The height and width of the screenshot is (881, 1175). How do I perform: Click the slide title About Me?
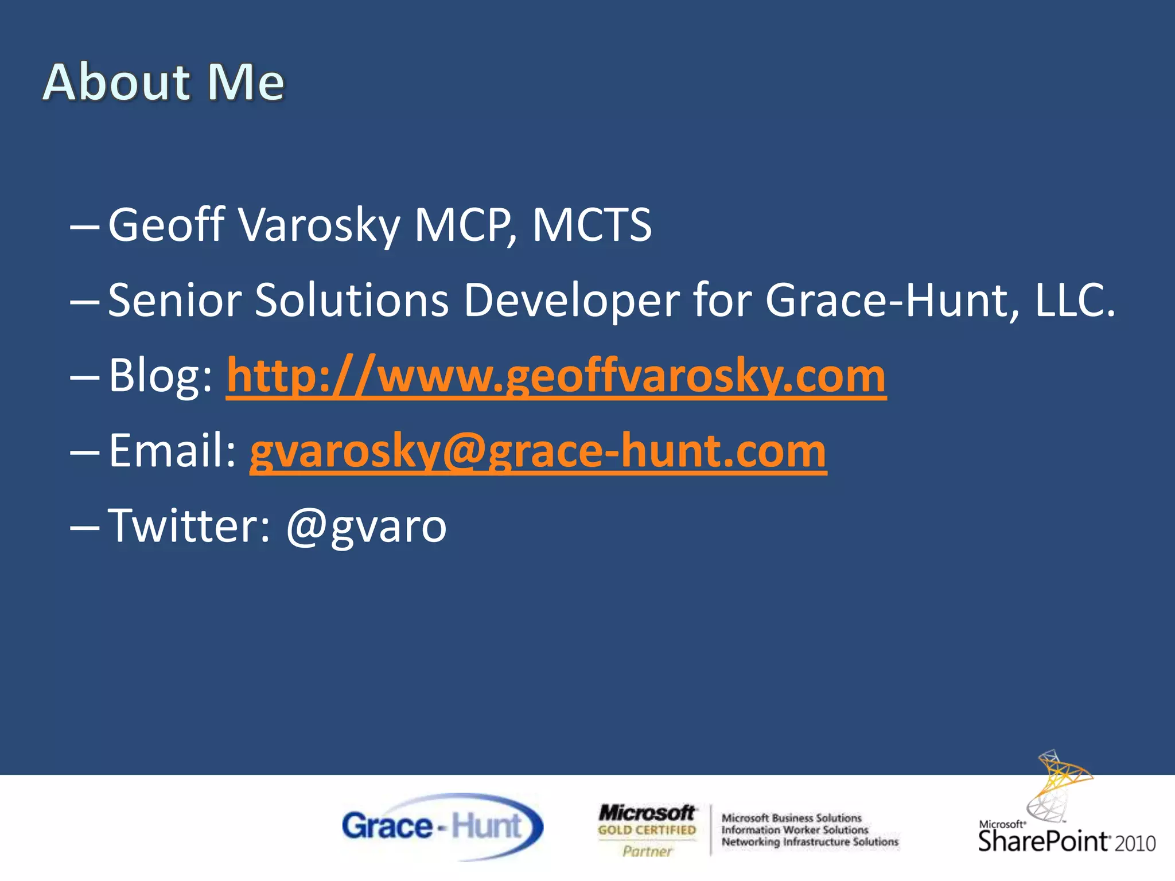point(164,83)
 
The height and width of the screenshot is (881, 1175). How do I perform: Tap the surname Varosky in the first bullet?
point(319,225)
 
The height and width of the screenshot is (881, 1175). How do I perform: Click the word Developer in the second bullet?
point(571,300)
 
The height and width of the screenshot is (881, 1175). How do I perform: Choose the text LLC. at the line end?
point(1075,300)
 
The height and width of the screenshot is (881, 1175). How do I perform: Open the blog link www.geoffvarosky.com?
point(555,376)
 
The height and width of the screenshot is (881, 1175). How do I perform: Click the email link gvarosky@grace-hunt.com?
point(538,451)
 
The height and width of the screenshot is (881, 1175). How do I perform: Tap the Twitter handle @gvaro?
point(366,527)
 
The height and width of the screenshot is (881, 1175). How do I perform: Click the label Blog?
point(161,376)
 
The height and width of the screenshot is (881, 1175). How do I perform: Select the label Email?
point(172,451)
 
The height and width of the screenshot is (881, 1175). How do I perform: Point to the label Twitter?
point(189,527)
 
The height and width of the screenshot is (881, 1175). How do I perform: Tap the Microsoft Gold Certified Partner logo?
point(647,829)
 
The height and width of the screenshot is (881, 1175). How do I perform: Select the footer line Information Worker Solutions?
point(795,830)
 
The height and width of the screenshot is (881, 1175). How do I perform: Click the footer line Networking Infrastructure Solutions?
point(810,842)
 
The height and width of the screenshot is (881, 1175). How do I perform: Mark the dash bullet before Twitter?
point(84,527)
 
